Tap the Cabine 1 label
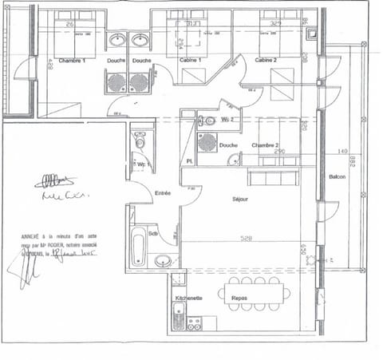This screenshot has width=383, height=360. (190, 61)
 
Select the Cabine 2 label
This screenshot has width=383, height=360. (267, 61)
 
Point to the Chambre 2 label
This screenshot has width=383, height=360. (266, 145)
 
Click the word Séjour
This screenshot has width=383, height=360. (240, 199)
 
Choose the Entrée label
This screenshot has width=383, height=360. (163, 192)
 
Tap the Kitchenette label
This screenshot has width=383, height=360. (188, 298)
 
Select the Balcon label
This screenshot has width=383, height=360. (338, 176)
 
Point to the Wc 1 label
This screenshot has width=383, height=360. (144, 165)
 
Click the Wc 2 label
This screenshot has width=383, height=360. (227, 121)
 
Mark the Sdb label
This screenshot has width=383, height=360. (153, 234)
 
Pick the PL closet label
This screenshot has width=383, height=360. (190, 162)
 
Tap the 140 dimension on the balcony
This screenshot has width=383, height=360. (342, 152)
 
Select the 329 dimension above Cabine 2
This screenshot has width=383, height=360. (276, 24)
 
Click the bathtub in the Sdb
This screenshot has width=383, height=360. (138, 247)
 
